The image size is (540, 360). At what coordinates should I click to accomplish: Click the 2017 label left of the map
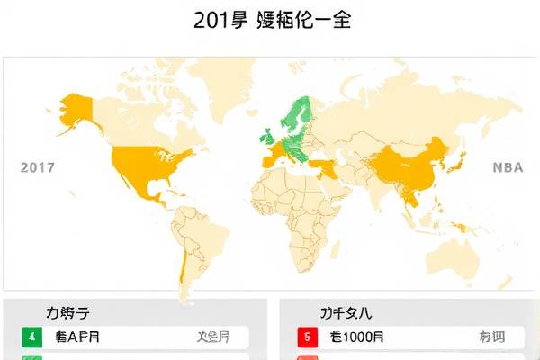(37, 167)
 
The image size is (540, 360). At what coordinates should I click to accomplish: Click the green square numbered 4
(32, 338)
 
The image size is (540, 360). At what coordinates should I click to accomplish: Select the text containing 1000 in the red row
(357, 338)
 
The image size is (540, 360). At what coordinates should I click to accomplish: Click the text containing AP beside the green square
(77, 338)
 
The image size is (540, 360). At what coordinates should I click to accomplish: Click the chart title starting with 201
(271, 21)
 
